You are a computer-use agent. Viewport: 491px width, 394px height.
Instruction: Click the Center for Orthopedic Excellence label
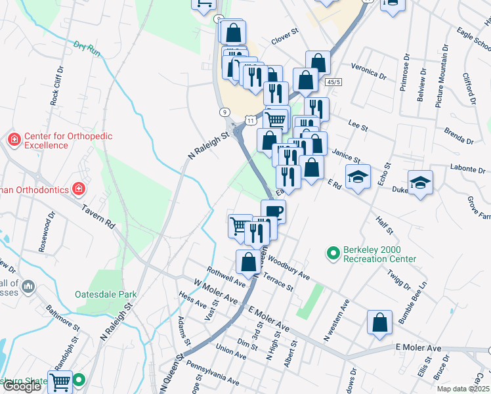68,141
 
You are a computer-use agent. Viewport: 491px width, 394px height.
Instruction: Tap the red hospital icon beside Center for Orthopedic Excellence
14,139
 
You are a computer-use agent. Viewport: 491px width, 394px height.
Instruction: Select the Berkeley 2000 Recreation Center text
381,254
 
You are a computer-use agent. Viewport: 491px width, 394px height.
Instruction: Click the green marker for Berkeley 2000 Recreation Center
333,252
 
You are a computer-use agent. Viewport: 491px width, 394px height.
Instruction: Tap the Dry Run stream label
88,49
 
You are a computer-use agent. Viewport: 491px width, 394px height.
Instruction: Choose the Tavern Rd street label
98,215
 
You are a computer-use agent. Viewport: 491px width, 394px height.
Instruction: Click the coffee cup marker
273,211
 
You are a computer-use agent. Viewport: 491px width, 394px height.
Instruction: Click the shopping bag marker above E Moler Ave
380,322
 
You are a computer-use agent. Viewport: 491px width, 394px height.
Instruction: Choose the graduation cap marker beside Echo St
358,177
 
